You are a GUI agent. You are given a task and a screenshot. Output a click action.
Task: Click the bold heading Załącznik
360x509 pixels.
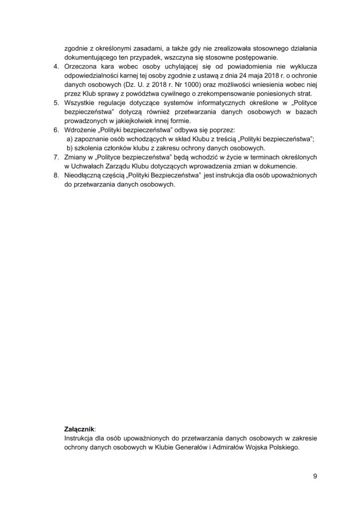tap(80, 428)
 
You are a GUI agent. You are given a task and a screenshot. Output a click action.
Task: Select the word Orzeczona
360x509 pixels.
tap(82, 67)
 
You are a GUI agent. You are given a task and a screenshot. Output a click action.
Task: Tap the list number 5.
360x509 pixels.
tap(56, 102)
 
